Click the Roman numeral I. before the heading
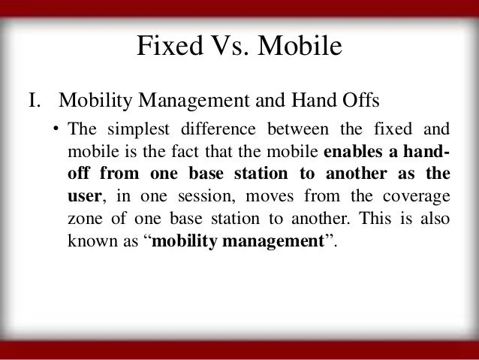pos(35,101)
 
